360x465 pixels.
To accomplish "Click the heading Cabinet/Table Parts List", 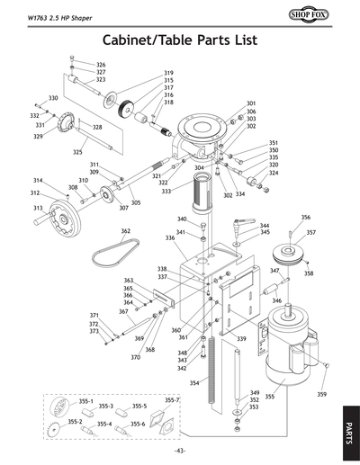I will click(x=180, y=41).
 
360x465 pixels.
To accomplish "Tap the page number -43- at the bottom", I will click(x=180, y=451).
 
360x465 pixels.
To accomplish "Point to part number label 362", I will click(x=126, y=231).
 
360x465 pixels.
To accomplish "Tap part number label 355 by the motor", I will click(x=269, y=397).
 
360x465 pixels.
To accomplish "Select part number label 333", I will click(x=166, y=192).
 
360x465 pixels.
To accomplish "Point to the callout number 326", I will click(x=101, y=66).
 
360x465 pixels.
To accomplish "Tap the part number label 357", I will click(x=310, y=232).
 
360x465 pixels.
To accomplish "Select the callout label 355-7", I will click(x=172, y=399).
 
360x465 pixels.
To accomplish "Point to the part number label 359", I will click(x=322, y=395).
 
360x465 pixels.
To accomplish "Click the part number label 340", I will click(x=181, y=219).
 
